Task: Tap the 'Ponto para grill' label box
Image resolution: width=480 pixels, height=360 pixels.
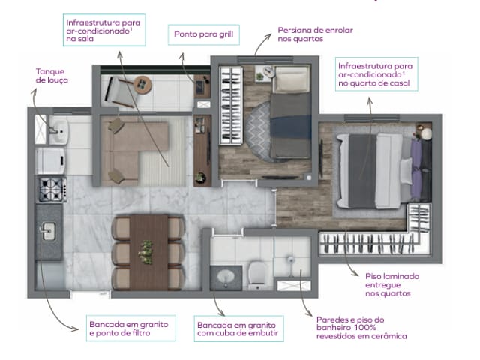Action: click(198, 34)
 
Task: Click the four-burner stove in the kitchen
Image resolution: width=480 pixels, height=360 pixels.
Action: click(50, 189)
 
